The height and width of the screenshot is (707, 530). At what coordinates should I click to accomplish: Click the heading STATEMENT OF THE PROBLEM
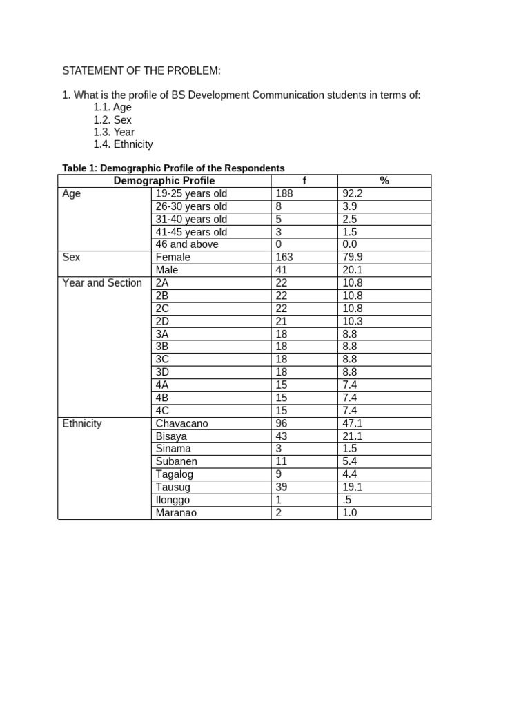pyautogui.click(x=141, y=70)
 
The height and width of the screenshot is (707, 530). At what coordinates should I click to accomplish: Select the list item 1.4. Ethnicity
pyautogui.click(x=123, y=144)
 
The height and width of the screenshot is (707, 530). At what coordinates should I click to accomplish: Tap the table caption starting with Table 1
pyautogui.click(x=173, y=168)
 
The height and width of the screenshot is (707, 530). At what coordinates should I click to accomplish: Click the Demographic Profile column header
pyautogui.click(x=164, y=181)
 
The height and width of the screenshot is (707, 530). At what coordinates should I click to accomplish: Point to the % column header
pyautogui.click(x=384, y=181)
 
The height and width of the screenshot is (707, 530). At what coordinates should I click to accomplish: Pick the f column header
pyautogui.click(x=304, y=181)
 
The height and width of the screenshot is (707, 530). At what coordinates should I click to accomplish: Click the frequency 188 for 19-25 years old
pyautogui.click(x=284, y=194)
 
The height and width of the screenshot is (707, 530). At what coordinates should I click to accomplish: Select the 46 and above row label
pyautogui.click(x=187, y=244)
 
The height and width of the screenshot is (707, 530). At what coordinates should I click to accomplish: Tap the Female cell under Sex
pyautogui.click(x=173, y=257)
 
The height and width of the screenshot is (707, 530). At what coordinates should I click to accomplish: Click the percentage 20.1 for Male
pyautogui.click(x=353, y=270)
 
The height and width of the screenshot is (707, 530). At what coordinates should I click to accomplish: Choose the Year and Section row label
pyautogui.click(x=102, y=282)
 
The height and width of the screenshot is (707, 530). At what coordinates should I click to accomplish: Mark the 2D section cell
pyautogui.click(x=163, y=321)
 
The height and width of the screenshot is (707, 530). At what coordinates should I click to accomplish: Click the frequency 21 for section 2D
pyautogui.click(x=282, y=321)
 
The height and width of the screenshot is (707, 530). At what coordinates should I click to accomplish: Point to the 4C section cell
pyautogui.click(x=163, y=410)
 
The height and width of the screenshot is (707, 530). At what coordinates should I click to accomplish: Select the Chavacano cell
pyautogui.click(x=182, y=423)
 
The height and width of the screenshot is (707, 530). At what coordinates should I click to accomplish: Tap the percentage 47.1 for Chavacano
pyautogui.click(x=353, y=423)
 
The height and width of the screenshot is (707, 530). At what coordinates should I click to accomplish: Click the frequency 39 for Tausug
pyautogui.click(x=282, y=487)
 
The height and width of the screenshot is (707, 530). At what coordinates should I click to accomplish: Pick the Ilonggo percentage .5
pyautogui.click(x=347, y=500)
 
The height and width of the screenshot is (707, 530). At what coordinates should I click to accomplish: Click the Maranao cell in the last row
pyautogui.click(x=176, y=513)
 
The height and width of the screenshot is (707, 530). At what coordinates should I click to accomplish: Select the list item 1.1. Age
pyautogui.click(x=112, y=107)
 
